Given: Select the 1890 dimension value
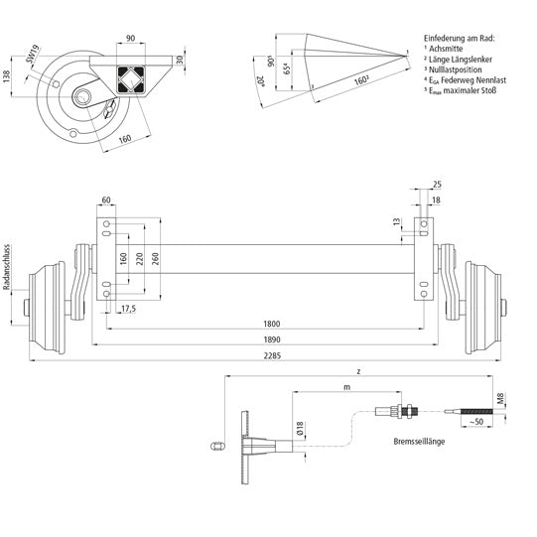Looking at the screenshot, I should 271,339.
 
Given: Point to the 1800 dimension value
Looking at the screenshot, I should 271,325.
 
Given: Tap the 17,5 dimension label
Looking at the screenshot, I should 128,310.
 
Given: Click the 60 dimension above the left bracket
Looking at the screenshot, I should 106,199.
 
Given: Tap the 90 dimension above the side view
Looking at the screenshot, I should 130,39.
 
